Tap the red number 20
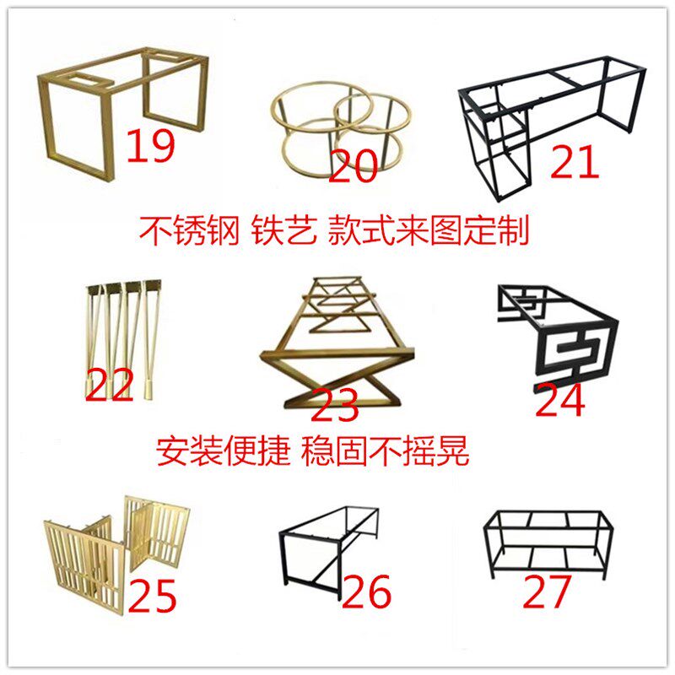tap(353, 165)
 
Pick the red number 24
tap(560, 400)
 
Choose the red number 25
tap(153, 597)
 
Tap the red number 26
tap(367, 592)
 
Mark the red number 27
tap(548, 591)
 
